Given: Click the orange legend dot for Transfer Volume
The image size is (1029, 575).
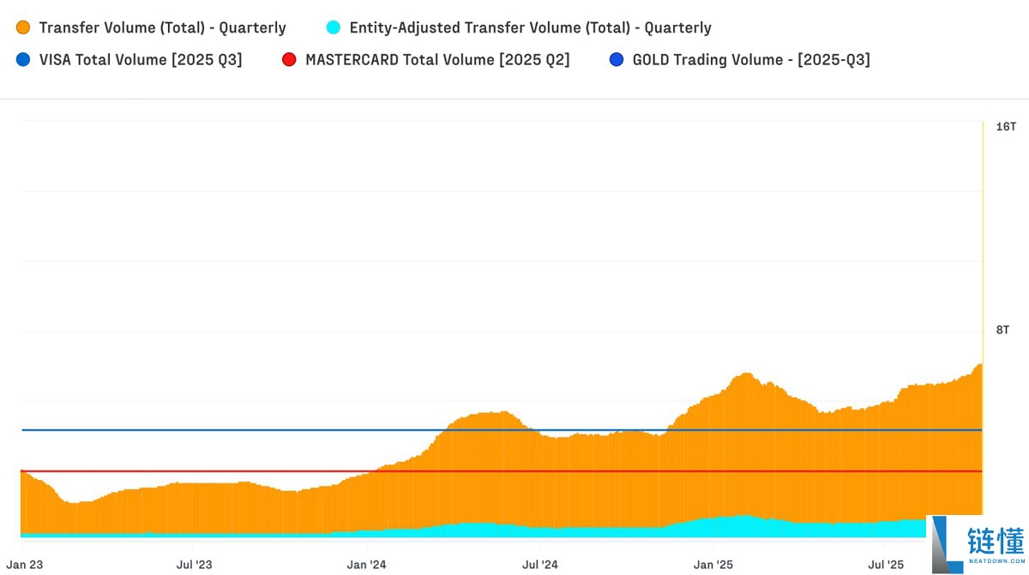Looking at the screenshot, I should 23,27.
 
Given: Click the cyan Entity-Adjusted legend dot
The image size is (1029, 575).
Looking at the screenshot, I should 334,27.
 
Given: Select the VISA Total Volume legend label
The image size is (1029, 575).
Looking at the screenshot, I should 141,60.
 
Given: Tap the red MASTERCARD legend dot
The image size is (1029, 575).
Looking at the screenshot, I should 289,60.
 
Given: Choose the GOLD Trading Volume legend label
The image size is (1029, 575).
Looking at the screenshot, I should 751,60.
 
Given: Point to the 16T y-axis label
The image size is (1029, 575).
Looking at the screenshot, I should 1006,127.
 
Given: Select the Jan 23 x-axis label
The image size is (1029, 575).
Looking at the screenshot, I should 25,565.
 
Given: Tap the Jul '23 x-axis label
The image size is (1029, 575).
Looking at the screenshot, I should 195,565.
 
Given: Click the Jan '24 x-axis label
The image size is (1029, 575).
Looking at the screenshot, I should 367,565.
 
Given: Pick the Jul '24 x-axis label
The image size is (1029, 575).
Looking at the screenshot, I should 540,565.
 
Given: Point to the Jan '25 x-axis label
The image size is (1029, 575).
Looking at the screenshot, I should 713,565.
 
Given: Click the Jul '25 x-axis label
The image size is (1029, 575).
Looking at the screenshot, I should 886,565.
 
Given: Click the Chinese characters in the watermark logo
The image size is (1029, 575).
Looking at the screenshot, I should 996,541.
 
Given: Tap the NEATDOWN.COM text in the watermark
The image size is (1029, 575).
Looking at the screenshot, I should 996,563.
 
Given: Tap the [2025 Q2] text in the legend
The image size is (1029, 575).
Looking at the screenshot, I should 534,60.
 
